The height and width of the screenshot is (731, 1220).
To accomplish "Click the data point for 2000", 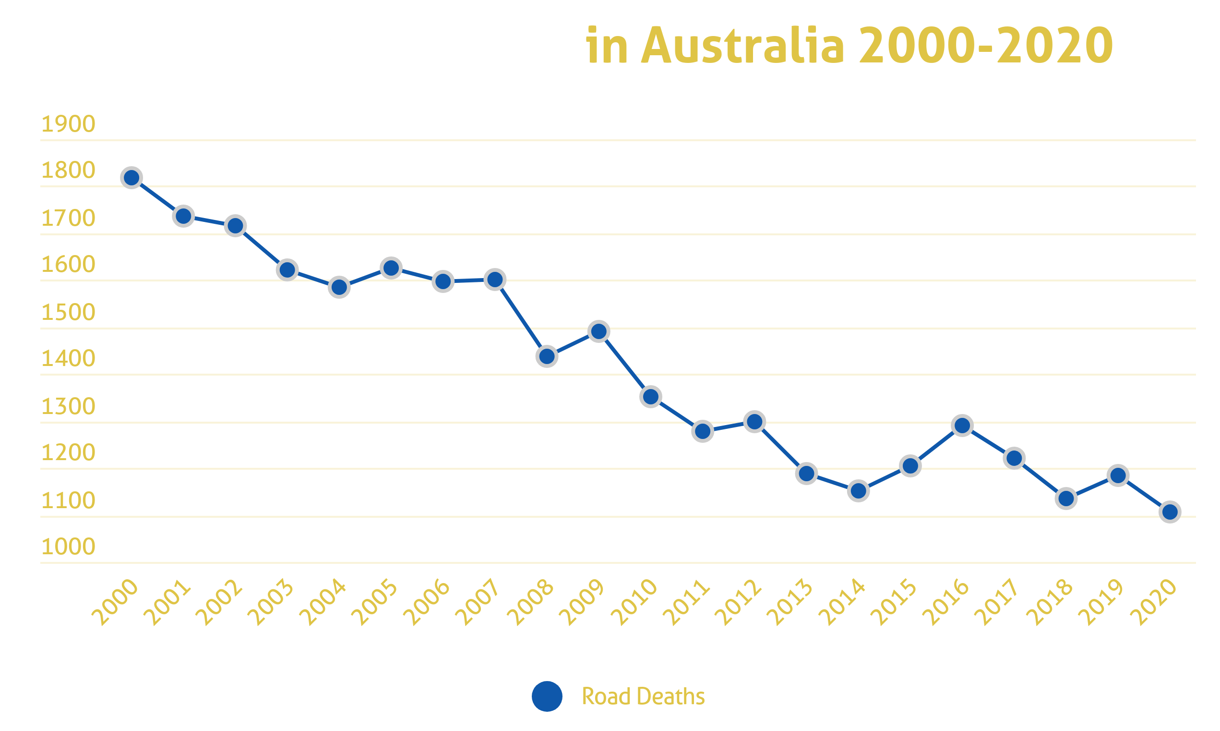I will click(132, 177).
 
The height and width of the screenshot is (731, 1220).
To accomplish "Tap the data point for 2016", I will click(962, 425).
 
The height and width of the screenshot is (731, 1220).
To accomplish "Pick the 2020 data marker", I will click(1170, 512).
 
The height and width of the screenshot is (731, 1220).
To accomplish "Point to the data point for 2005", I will click(391, 268).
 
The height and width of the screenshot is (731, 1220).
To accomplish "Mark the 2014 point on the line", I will click(858, 491).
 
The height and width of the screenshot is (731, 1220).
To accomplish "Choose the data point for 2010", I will click(651, 397).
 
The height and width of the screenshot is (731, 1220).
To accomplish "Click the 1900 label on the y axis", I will click(68, 124).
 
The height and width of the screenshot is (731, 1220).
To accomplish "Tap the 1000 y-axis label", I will click(68, 547).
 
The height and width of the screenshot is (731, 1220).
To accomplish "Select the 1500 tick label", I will click(68, 312).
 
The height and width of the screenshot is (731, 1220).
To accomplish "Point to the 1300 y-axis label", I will click(68, 406).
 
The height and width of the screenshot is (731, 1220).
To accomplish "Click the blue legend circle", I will click(547, 696).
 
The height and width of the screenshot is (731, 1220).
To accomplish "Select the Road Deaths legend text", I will click(643, 696).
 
